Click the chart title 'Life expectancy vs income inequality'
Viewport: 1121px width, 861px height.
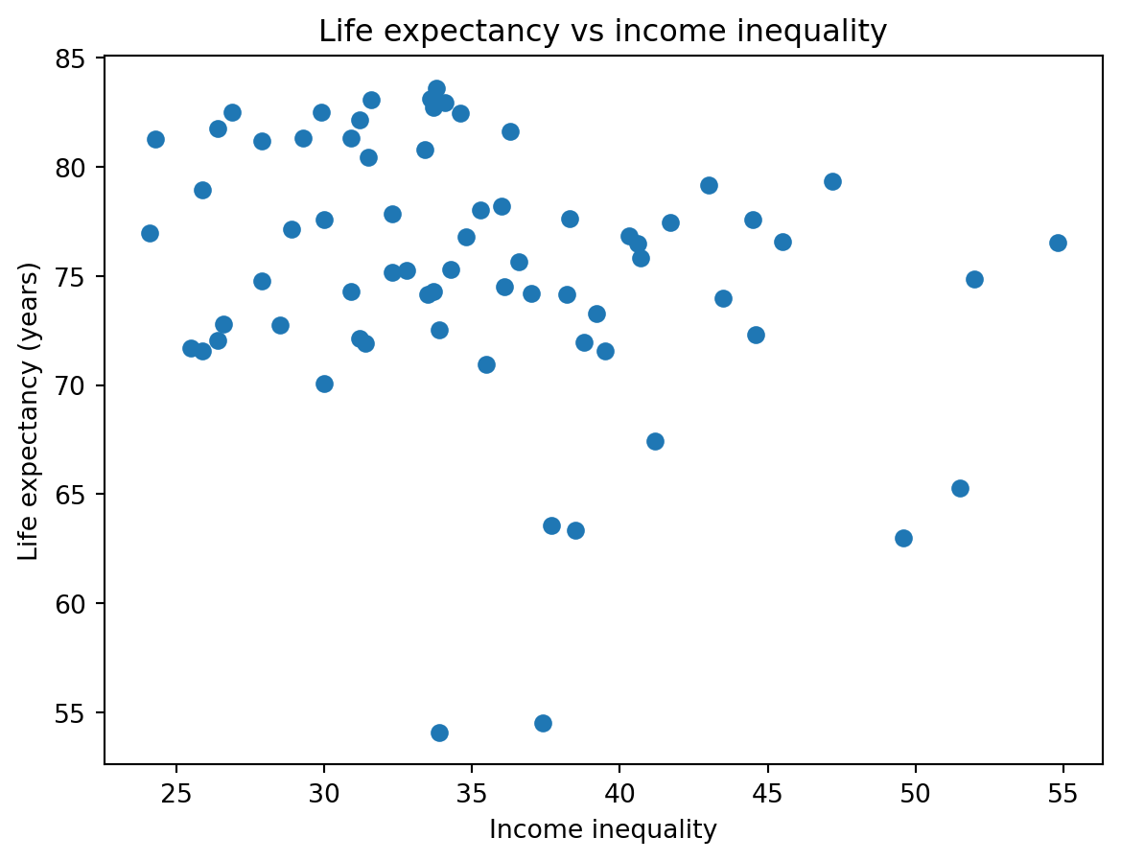point(602,32)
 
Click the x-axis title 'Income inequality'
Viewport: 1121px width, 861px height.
point(602,829)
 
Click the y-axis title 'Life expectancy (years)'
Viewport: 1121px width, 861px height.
point(29,410)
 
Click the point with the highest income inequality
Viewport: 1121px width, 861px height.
point(1058,243)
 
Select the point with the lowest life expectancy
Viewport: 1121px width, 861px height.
point(439,733)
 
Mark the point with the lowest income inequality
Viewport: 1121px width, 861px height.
point(150,233)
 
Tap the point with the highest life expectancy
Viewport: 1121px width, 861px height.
point(436,89)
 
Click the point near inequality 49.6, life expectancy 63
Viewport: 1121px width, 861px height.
point(903,538)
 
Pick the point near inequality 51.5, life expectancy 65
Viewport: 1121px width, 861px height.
point(960,488)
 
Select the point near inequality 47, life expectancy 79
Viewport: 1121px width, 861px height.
point(832,181)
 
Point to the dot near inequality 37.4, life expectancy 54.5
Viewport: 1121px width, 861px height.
point(543,723)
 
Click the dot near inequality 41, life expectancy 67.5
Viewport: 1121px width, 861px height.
point(655,441)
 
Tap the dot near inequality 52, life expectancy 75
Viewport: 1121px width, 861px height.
point(974,279)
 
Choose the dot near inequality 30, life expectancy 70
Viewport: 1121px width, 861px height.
point(324,384)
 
